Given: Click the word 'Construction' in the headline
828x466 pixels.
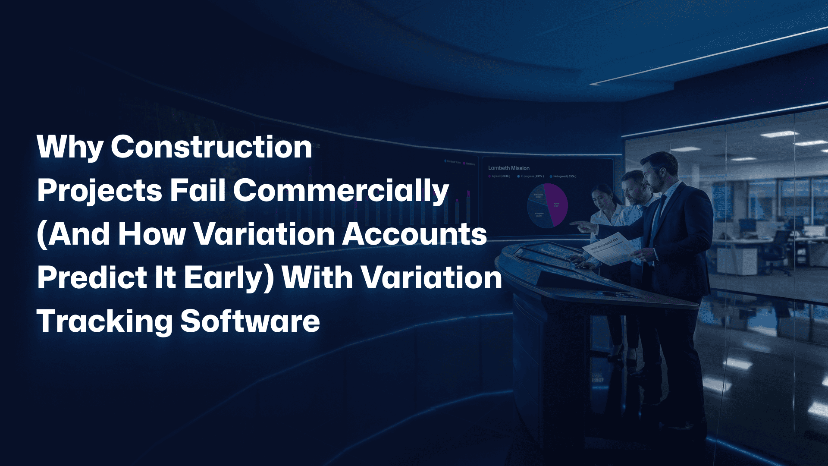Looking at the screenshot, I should (211, 147).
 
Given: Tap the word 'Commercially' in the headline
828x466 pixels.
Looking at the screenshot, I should (341, 191).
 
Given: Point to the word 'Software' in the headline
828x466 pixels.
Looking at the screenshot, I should (250, 321).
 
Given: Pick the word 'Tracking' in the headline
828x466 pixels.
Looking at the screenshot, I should (105, 322).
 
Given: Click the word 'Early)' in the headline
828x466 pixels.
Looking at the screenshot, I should (229, 278).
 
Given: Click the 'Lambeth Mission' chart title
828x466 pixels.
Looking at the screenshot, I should (508, 168).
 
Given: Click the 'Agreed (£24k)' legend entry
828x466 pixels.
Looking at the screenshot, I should (500, 176).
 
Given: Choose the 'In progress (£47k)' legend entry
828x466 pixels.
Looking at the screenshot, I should (532, 176).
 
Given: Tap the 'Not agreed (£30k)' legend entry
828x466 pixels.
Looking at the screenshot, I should (564, 176).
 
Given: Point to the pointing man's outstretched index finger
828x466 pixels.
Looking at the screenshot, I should (573, 223).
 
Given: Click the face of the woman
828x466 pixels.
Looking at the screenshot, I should (602, 198).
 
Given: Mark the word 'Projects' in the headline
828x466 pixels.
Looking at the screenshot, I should (99, 191).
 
